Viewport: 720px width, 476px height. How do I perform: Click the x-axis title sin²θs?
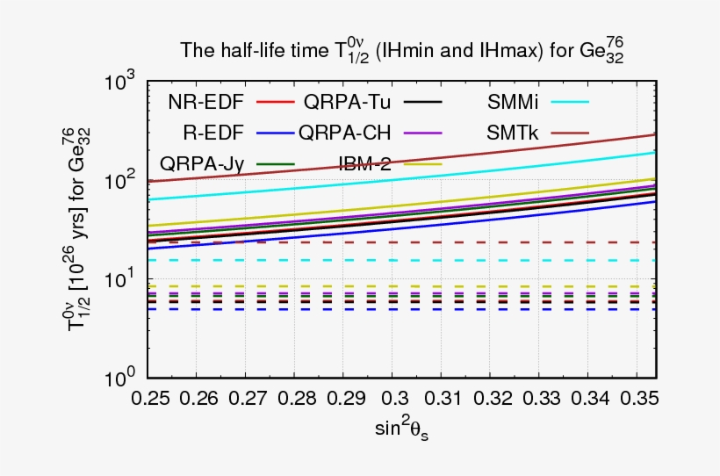click(402, 430)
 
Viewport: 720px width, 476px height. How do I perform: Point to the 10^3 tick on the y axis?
click(119, 84)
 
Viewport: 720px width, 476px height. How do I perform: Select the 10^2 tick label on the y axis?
click(119, 183)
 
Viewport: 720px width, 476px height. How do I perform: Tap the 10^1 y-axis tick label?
click(119, 281)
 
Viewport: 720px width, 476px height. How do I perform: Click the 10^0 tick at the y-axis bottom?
click(119, 380)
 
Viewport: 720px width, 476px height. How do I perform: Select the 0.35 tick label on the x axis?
click(637, 400)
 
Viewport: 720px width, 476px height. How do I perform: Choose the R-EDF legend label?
click(213, 133)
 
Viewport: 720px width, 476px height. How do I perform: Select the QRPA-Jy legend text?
click(202, 162)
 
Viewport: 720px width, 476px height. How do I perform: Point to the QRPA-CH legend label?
click(345, 133)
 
